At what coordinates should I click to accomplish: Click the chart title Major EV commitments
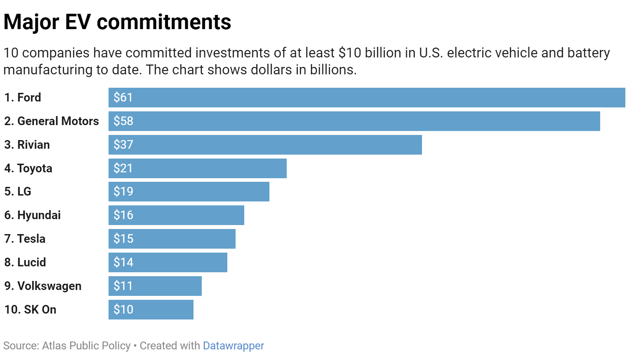(117, 22)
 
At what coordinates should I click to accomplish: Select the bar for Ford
(367, 98)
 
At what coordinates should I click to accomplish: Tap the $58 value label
(123, 121)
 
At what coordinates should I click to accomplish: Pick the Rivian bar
(265, 145)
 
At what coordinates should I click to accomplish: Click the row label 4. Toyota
(28, 168)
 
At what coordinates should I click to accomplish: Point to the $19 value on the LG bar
(123, 192)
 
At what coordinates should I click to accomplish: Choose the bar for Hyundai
(176, 215)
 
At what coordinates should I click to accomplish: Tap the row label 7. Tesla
(25, 239)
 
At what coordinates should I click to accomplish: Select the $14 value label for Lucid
(123, 262)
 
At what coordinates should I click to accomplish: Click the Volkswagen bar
(155, 286)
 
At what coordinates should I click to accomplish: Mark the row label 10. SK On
(30, 310)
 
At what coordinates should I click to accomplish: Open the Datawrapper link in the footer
(233, 346)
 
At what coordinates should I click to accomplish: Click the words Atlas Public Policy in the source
(86, 346)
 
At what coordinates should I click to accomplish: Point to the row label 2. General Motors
(52, 121)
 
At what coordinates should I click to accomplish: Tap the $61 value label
(123, 98)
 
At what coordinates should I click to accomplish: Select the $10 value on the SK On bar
(123, 310)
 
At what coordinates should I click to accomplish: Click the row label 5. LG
(18, 192)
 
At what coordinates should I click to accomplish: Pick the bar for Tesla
(172, 239)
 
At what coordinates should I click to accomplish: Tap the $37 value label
(123, 145)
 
